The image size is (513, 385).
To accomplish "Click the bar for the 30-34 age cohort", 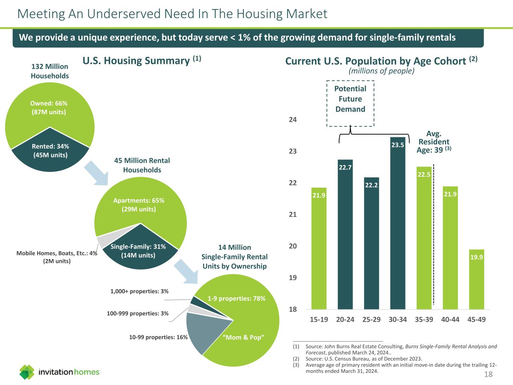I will [398, 226].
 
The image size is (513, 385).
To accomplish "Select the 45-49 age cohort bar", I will [476, 280].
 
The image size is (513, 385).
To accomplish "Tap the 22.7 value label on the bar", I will [345, 167].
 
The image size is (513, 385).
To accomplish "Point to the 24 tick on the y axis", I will [293, 120].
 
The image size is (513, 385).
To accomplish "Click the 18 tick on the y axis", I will [293, 309].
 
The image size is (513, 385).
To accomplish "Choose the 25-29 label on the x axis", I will [371, 320].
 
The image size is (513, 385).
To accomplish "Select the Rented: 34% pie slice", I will [50, 150].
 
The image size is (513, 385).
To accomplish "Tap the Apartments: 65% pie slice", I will [139, 205].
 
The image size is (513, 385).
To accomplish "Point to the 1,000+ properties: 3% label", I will [139, 291].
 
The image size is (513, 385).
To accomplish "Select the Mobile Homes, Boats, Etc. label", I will [57, 257].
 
